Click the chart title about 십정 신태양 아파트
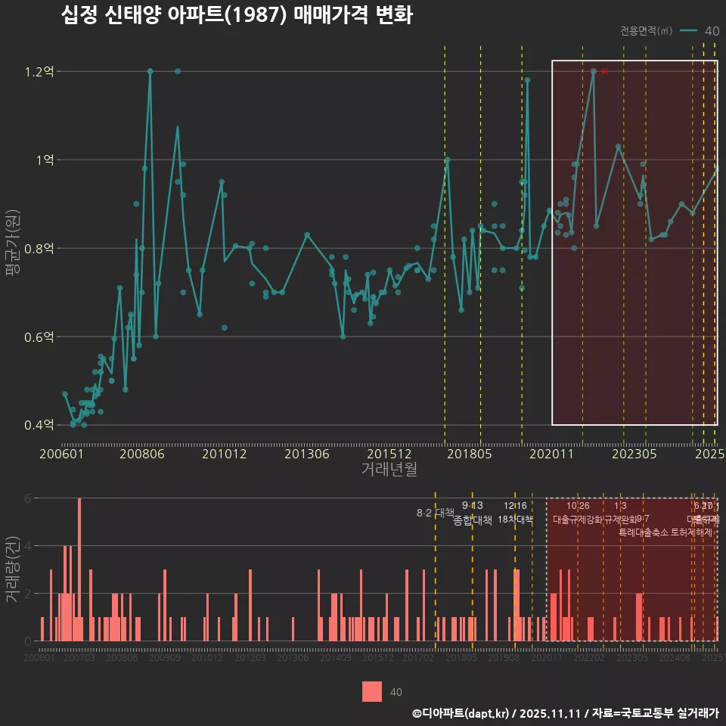click(x=236, y=15)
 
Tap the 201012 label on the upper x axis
click(x=224, y=455)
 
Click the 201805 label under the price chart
click(x=470, y=455)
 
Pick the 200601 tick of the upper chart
click(x=61, y=455)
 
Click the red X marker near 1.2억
click(x=604, y=71)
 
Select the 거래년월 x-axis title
click(x=388, y=470)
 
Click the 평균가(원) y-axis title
click(x=13, y=247)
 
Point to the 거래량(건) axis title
click(x=13, y=569)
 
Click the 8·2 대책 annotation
click(x=435, y=513)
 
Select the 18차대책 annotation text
click(x=515, y=520)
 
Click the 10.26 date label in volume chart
click(x=578, y=506)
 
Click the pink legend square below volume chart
click(x=372, y=692)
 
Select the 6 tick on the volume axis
click(x=29, y=498)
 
